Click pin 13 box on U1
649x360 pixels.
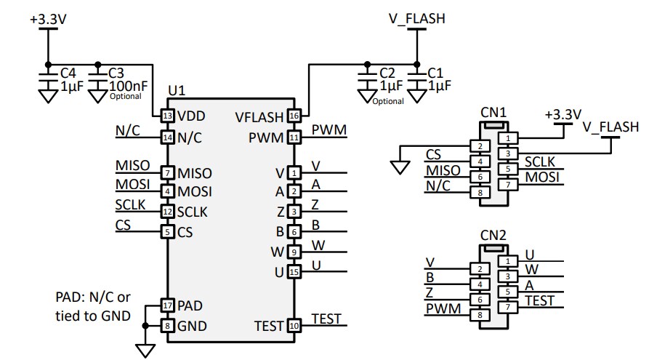coord(168,116)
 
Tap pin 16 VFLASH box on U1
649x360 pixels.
coord(294,116)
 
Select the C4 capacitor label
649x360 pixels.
coord(68,73)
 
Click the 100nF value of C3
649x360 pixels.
coord(126,85)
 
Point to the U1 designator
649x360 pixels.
coord(177,91)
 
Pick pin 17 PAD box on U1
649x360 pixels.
coord(168,305)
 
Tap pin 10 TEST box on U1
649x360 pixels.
coord(294,326)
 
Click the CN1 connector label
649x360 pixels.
coord(493,113)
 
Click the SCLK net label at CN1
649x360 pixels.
coord(540,161)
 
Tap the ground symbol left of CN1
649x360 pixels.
coord(399,167)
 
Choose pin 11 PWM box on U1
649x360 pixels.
coord(294,137)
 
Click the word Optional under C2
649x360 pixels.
coord(388,101)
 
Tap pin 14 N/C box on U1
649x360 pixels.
coord(168,137)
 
